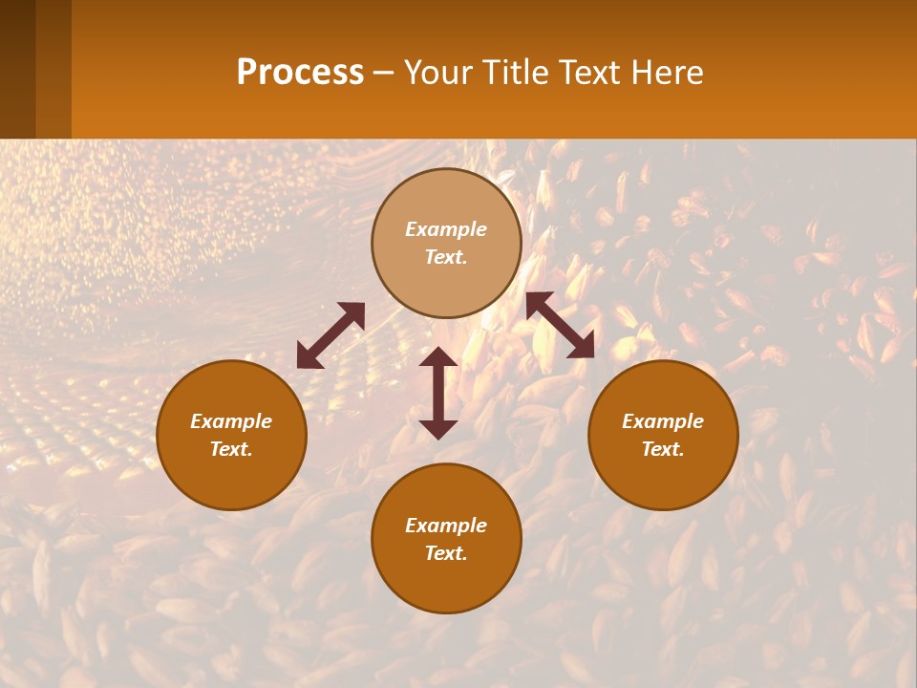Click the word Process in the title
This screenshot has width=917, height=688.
(x=300, y=73)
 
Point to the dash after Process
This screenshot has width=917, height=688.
(x=384, y=75)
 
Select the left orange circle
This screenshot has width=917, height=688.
(x=231, y=435)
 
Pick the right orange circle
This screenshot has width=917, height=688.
(x=663, y=435)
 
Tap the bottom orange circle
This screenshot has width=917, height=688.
(x=446, y=539)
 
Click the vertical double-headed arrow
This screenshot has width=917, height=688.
(x=438, y=393)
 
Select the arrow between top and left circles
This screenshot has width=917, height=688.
(x=331, y=335)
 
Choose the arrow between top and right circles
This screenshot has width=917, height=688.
(x=561, y=325)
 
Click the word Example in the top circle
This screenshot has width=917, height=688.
(x=446, y=229)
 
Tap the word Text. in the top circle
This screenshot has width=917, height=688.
(x=446, y=257)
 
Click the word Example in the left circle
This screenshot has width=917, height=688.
(x=231, y=421)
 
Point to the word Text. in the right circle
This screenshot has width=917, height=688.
(x=663, y=449)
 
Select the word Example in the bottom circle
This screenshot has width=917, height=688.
(x=446, y=526)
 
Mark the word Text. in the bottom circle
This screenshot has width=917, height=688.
(x=446, y=553)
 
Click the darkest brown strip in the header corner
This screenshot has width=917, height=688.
(x=17, y=69)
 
